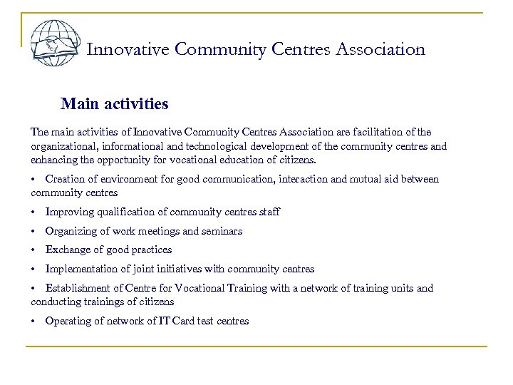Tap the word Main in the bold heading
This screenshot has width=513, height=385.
77,105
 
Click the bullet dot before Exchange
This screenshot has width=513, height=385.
33,250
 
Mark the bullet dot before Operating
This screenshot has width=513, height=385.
33,322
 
